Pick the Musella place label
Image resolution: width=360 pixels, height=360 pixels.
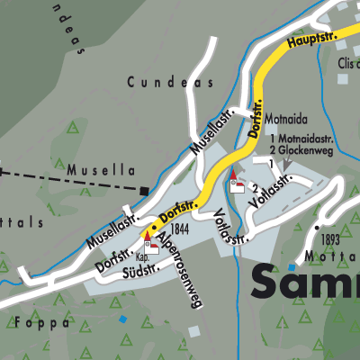[x=100, y=169]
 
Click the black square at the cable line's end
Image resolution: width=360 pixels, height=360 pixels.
[x=145, y=190]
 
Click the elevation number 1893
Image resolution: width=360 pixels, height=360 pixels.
[x=329, y=239]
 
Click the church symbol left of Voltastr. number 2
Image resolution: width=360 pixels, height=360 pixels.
[x=237, y=183]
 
